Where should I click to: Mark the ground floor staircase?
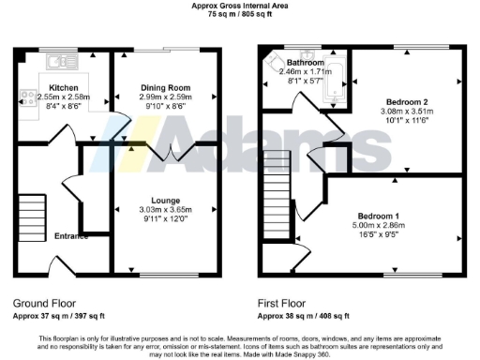tap(32, 214)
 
